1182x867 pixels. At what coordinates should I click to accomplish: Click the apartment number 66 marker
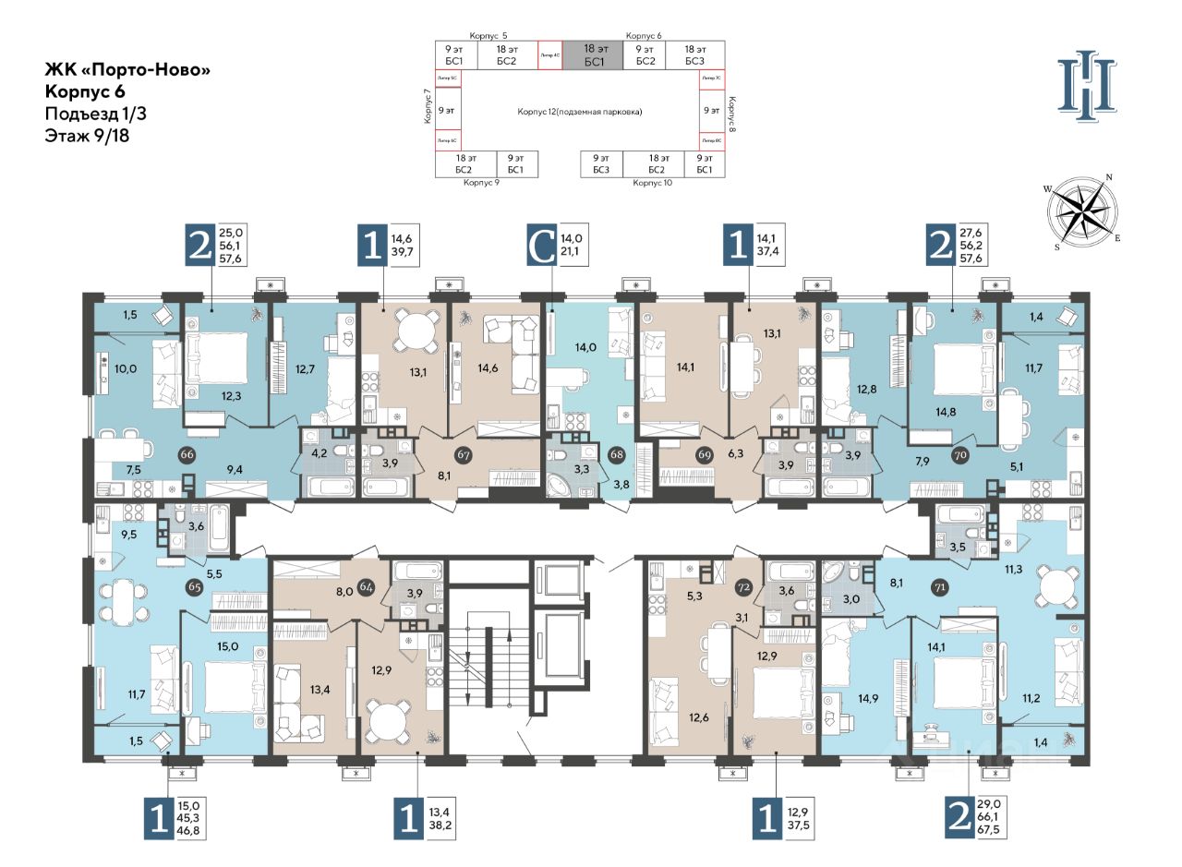point(187,454)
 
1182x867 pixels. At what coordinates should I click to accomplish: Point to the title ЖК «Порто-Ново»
point(121,70)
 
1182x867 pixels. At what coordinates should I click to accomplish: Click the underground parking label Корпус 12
point(579,111)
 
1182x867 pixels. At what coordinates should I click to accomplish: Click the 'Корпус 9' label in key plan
point(481,184)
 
